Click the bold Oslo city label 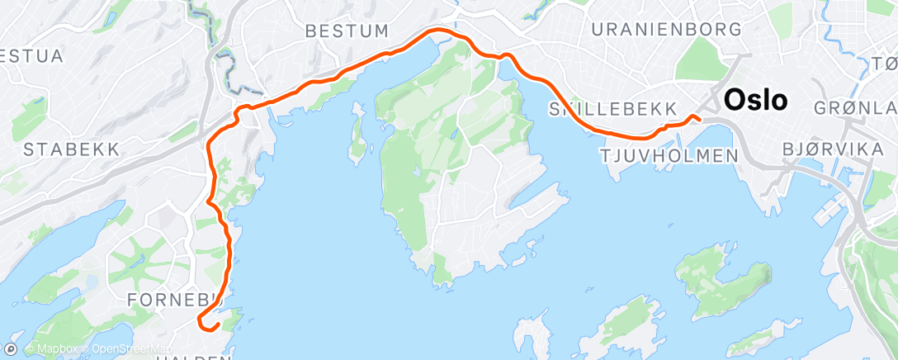coord(755,101)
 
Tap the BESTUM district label coord(347,31)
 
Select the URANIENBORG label coord(666,29)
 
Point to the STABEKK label coord(72,149)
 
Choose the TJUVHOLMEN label coord(669,155)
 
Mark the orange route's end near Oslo coord(698,118)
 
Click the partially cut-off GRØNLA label coord(854,108)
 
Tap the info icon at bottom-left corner coord(13,348)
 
